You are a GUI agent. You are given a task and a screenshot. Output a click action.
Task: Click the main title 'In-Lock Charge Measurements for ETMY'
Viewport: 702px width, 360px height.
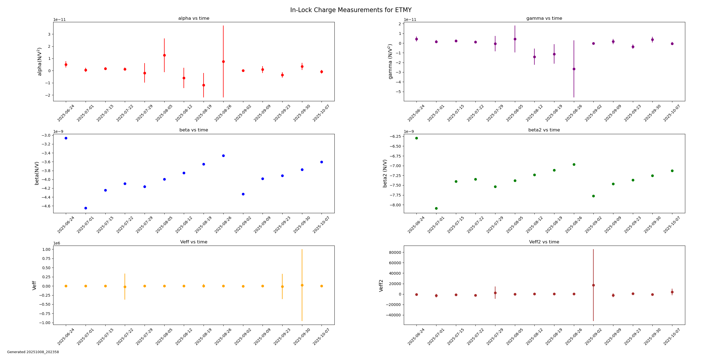click(351, 10)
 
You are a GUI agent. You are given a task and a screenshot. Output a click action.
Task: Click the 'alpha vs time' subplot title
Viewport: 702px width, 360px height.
click(194, 18)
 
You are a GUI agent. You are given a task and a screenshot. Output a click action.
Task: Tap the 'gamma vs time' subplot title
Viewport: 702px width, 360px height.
click(544, 18)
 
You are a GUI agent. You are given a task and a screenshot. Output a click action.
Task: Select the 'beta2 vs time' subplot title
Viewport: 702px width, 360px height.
click(544, 130)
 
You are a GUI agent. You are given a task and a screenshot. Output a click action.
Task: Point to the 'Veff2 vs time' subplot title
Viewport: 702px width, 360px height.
click(544, 242)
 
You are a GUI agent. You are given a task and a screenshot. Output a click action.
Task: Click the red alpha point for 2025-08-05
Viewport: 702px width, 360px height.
click(164, 55)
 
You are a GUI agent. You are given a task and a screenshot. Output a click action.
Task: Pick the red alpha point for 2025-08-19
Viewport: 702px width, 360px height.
click(204, 85)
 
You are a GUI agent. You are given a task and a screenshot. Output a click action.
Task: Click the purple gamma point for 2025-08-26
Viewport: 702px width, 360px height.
click(574, 69)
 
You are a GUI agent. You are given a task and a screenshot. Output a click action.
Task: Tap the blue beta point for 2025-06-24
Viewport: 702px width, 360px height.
click(66, 138)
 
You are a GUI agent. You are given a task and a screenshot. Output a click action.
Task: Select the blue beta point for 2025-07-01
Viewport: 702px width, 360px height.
click(86, 208)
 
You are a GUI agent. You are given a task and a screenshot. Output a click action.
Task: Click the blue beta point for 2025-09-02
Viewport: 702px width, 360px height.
click(243, 194)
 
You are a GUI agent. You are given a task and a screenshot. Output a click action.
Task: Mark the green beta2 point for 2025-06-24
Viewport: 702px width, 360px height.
click(416, 138)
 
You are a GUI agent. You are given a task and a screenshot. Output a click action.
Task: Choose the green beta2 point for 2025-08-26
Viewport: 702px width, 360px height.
click(574, 164)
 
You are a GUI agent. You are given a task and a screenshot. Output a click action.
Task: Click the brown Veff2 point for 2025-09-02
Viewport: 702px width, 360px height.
click(593, 285)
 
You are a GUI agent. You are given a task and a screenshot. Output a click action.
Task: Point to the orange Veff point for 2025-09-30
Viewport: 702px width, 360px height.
click(302, 285)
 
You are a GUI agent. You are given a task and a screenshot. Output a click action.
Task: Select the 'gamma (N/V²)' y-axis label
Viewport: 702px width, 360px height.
click(390, 61)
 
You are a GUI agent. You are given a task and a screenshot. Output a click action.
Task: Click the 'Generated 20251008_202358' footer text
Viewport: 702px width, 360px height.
click(33, 352)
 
